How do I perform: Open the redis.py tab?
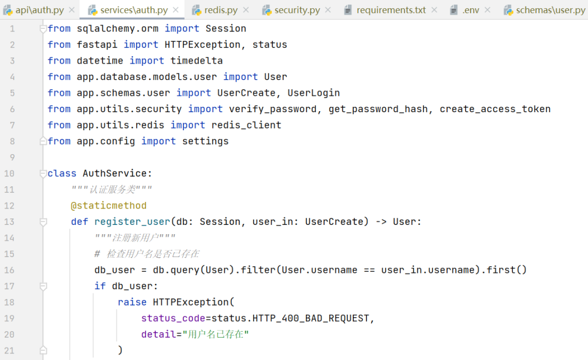220,10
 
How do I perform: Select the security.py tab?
297,10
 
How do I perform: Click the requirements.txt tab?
391,10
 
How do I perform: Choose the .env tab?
470,10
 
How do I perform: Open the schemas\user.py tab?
550,10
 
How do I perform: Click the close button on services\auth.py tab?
175,10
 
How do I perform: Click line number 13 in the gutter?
9,222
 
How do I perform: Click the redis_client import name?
246,125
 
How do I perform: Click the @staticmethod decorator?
108,206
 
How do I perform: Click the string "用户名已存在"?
216,334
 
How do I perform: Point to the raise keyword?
132,302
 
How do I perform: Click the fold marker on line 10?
43,174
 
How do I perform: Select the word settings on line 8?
205,141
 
